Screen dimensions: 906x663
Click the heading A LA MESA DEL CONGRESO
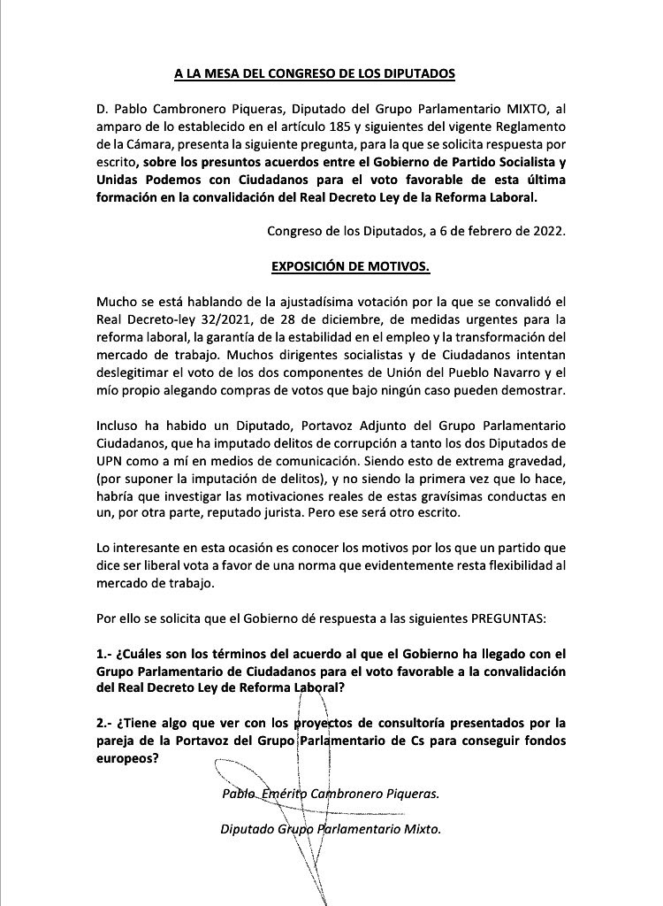(314, 74)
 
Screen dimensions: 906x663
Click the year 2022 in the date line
(545, 232)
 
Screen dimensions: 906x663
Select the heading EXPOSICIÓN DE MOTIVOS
(363, 265)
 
